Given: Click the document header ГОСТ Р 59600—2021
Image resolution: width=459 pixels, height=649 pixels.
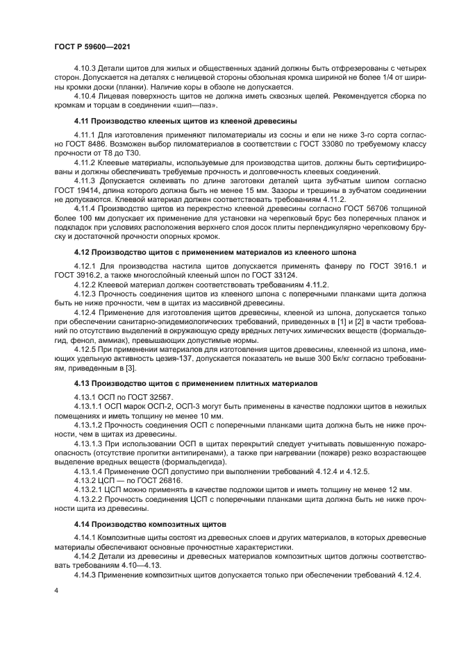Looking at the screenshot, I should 92,46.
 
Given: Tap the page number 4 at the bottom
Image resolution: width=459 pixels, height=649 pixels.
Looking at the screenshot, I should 56,589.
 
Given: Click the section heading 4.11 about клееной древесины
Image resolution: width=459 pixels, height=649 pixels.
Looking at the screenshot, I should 185,121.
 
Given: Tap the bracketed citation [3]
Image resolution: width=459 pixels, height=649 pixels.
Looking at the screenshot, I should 131,369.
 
